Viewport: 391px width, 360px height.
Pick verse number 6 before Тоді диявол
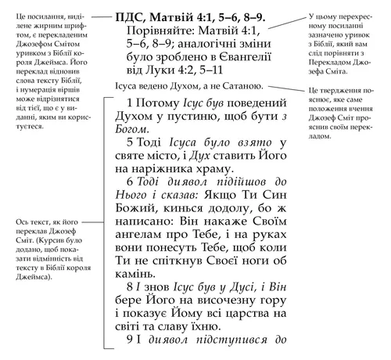pyautogui.click(x=130, y=182)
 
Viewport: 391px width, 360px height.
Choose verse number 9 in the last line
pyautogui.click(x=130, y=340)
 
